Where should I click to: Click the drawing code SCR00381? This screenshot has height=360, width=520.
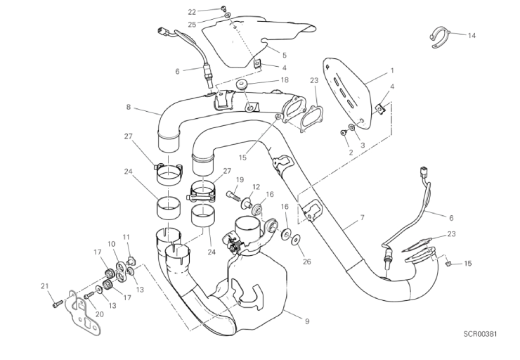pos(480,334)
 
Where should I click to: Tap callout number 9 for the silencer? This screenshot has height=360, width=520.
pos(307,321)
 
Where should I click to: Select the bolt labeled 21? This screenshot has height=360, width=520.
pos(58,303)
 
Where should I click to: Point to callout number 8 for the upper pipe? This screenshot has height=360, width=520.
pos(129,107)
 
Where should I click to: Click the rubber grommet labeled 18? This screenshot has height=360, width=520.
pos(242,84)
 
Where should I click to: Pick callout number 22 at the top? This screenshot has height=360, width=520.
pos(192,12)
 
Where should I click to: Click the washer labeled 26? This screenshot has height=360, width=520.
pos(295,240)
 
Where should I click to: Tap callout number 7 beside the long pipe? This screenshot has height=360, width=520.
pos(362,218)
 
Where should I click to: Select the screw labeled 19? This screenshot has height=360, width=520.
pos(233,195)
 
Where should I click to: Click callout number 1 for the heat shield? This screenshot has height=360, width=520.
pos(392,70)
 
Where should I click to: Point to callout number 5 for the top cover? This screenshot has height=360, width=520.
pos(285,56)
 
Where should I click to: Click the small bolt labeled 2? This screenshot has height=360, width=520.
pos(343,133)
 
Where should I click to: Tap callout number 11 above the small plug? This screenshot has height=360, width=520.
pos(126,237)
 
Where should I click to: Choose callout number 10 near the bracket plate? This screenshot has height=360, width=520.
pos(111,244)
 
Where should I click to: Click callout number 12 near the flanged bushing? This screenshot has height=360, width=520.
pos(256,187)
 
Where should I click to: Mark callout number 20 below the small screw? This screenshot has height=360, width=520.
pos(100,314)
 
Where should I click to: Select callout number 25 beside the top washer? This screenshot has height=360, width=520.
pos(192,24)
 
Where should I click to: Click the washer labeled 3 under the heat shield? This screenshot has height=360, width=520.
pos(351,127)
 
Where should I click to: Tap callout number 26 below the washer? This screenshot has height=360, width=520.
pos(307,262)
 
